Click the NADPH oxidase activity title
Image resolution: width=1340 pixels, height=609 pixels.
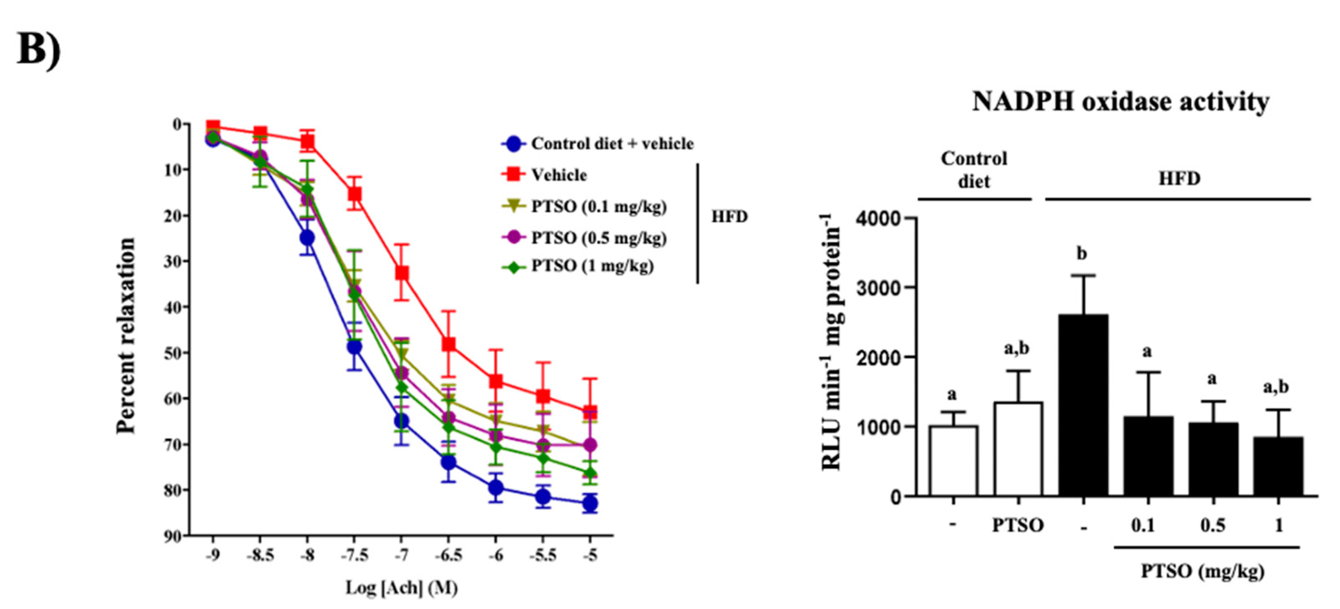[x=1120, y=101]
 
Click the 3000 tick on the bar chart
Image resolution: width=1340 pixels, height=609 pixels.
[x=879, y=288]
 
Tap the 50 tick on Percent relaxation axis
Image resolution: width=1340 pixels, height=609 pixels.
[x=173, y=353]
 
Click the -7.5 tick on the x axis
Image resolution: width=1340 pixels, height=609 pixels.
[x=354, y=555]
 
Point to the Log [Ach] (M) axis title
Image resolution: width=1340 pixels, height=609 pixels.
[x=402, y=588]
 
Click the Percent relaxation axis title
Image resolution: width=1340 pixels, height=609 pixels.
[x=126, y=336]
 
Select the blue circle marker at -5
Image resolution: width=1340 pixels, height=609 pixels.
[x=590, y=504]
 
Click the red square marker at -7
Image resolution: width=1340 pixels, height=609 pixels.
[x=402, y=273]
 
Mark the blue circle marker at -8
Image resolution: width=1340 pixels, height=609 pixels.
[x=307, y=238]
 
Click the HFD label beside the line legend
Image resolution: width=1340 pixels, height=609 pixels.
[x=729, y=216]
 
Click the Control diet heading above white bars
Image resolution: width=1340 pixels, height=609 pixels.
[x=973, y=170]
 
